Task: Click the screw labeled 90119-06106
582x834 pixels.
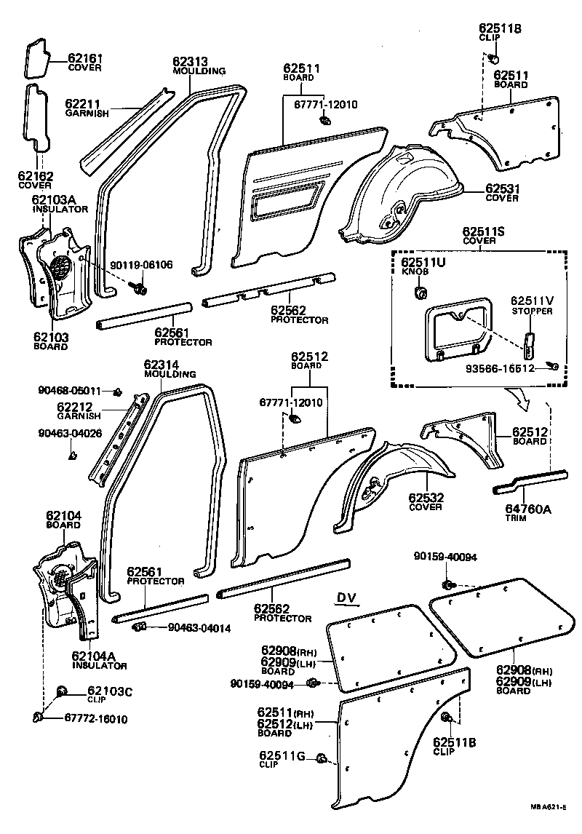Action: [138, 290]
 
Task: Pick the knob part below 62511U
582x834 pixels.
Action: [419, 293]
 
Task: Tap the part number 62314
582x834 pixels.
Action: [161, 365]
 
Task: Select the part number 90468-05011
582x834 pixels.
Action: [69, 391]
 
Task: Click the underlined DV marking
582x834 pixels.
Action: [346, 598]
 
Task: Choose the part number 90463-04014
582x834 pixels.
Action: [199, 627]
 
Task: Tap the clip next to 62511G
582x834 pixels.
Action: [321, 760]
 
